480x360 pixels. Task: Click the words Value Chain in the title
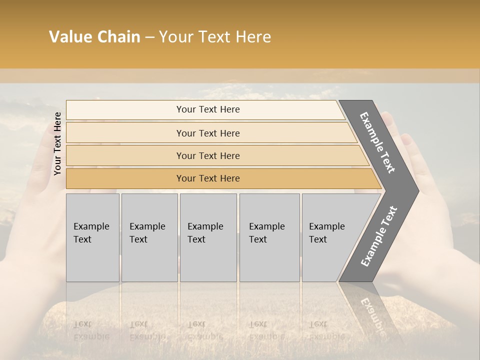pyautogui.click(x=94, y=37)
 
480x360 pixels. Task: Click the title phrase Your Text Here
pyautogui.click(x=215, y=37)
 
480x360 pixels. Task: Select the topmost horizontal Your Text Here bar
pyautogui.click(x=208, y=109)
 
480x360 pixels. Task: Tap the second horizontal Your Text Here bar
pyautogui.click(x=208, y=133)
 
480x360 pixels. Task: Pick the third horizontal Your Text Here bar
pyautogui.click(x=208, y=155)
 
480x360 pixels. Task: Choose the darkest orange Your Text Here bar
pyautogui.click(x=208, y=178)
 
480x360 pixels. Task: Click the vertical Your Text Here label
pyautogui.click(x=57, y=143)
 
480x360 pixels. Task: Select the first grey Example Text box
pyautogui.click(x=92, y=237)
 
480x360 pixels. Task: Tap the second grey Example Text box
pyautogui.click(x=149, y=237)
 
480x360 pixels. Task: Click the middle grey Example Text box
pyautogui.click(x=208, y=237)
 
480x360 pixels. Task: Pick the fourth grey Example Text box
pyautogui.click(x=269, y=237)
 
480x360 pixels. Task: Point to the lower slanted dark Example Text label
pyautogui.click(x=379, y=236)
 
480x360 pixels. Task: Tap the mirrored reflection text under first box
pyautogui.click(x=91, y=330)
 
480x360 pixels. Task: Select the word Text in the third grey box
pyautogui.click(x=196, y=239)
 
